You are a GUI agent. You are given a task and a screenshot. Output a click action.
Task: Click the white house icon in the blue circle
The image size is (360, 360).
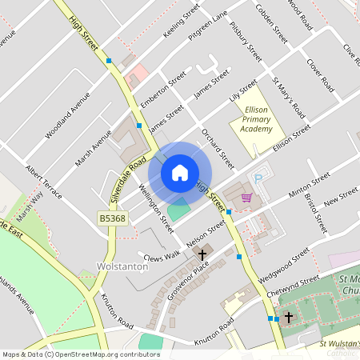[x=180, y=172]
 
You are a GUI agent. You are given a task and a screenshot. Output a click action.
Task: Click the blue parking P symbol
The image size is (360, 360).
[x=258, y=178]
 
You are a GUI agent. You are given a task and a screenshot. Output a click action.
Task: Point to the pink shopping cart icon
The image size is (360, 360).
[x=246, y=197]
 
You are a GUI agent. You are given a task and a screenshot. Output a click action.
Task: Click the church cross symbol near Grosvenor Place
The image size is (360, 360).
[x=202, y=255]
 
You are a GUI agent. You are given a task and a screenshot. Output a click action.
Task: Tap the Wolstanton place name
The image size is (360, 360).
[x=118, y=265]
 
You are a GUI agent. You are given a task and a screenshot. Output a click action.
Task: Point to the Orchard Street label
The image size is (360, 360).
[x=217, y=146]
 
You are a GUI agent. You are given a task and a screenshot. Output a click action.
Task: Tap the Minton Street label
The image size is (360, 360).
[x=310, y=185]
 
